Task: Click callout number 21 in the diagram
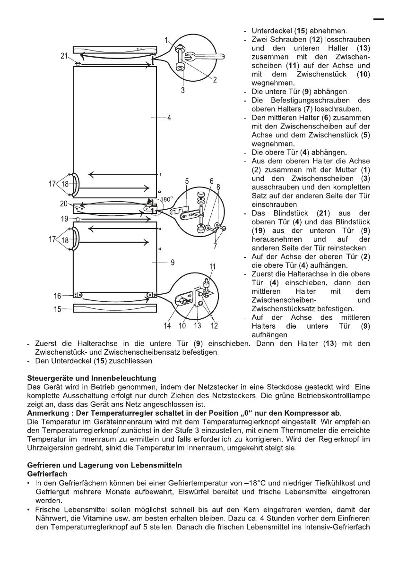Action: [x=64, y=56]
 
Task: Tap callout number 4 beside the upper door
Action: [x=169, y=118]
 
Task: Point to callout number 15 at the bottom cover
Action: [x=58, y=309]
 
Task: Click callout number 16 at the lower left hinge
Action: [x=58, y=296]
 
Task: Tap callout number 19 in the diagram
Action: [x=64, y=219]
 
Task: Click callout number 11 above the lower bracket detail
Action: [x=212, y=266]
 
